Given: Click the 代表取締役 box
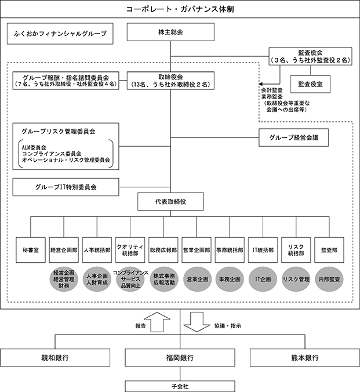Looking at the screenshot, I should [x=170, y=202].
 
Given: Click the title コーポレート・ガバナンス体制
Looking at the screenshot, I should [x=180, y=10].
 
